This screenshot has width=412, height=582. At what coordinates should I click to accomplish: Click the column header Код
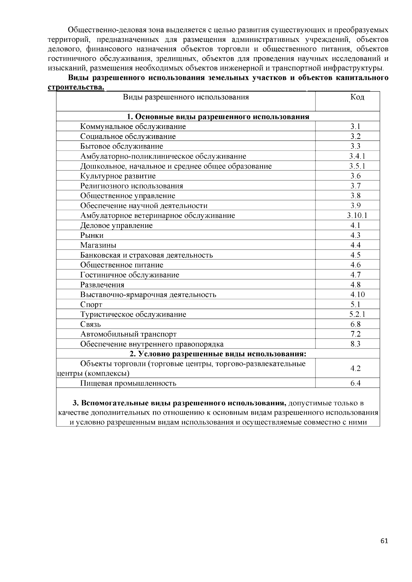click(x=357, y=97)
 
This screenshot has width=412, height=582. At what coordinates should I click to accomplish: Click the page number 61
click(x=384, y=541)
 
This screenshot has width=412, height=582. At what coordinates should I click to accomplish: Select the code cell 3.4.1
click(x=357, y=156)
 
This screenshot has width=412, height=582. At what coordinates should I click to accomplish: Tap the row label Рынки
click(x=92, y=235)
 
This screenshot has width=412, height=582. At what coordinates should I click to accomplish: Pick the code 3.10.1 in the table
click(x=357, y=216)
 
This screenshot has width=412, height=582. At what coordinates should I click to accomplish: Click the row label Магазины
click(x=98, y=245)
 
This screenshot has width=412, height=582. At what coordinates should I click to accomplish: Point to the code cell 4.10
click(x=357, y=295)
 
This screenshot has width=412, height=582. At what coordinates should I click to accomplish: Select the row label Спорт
click(x=91, y=305)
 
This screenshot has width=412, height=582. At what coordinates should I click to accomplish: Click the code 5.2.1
click(x=357, y=314)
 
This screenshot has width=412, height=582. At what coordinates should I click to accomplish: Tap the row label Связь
click(x=91, y=324)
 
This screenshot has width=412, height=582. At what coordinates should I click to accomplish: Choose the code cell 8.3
click(x=355, y=344)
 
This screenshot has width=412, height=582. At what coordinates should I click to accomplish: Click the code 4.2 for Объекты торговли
click(x=355, y=368)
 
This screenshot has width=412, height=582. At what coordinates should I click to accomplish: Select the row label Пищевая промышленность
click(x=128, y=383)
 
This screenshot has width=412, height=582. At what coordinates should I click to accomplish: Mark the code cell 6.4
click(x=355, y=383)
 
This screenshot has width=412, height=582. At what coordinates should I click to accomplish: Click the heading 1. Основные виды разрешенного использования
click(x=218, y=117)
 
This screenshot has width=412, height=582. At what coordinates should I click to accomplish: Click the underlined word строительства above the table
click(x=76, y=88)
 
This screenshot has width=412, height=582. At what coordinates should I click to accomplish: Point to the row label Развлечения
click(x=102, y=285)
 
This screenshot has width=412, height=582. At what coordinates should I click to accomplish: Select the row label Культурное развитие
click(x=118, y=176)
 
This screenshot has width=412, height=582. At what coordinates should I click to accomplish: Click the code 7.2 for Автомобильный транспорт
click(x=355, y=334)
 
